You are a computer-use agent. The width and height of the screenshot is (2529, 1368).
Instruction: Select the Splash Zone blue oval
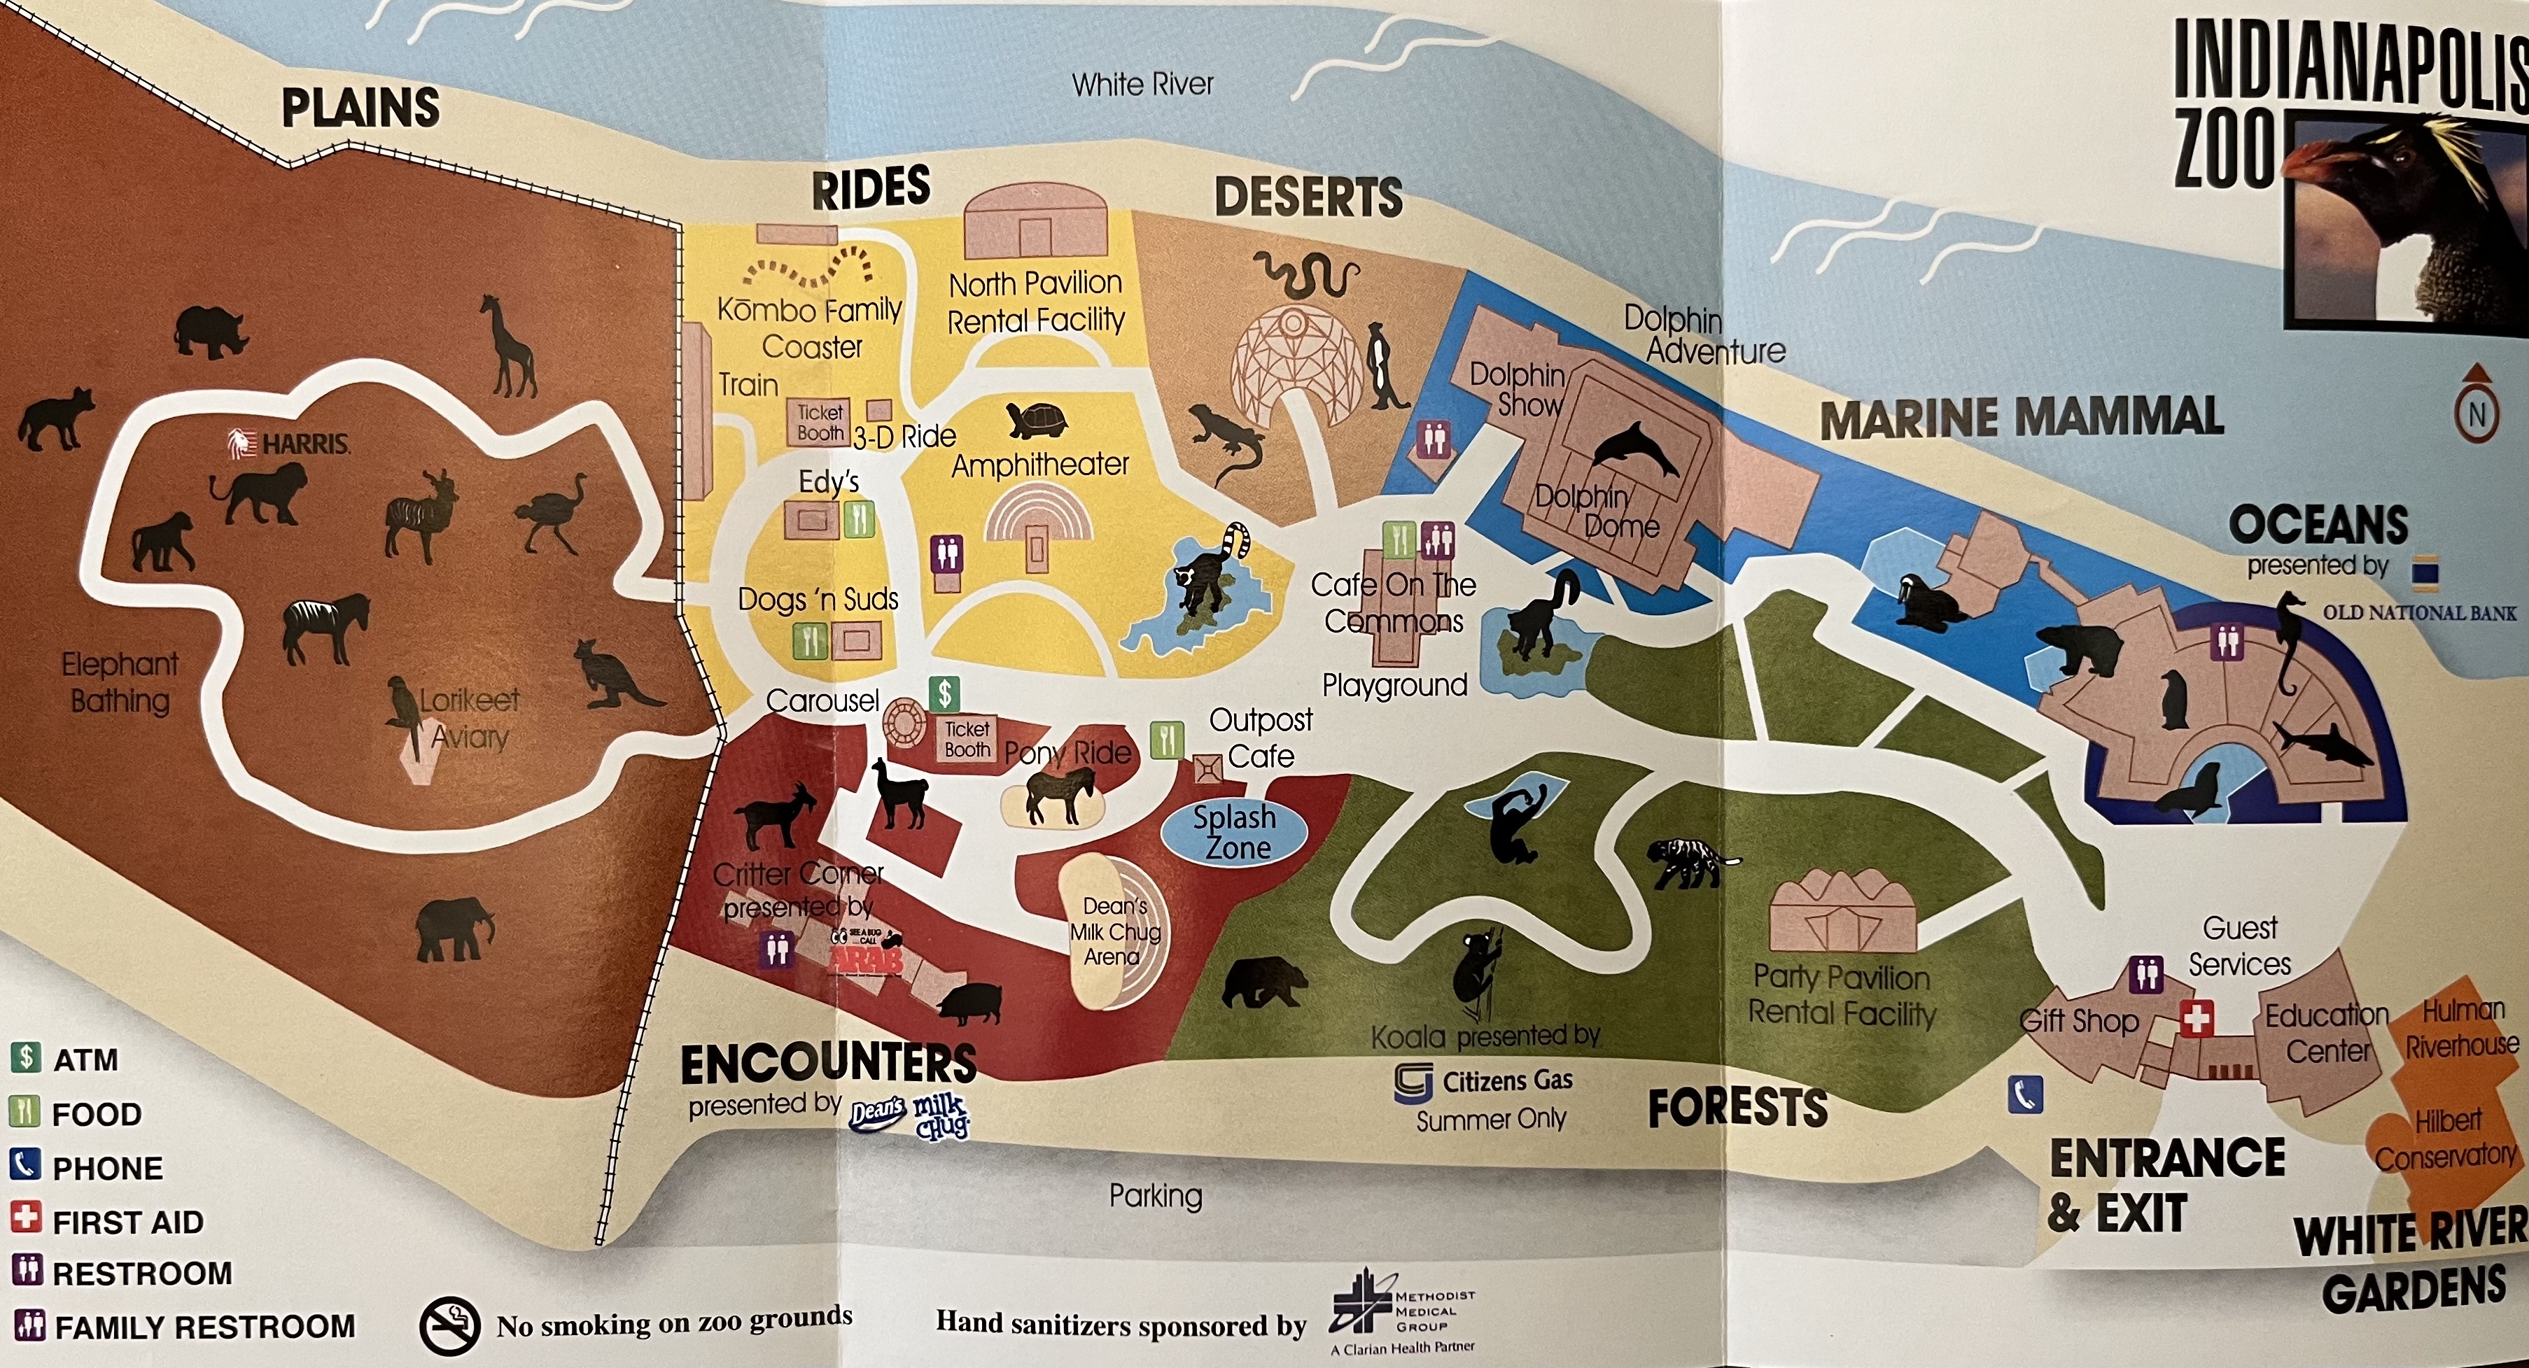[x=1234, y=832]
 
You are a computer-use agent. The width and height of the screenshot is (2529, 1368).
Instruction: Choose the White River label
[x=1142, y=85]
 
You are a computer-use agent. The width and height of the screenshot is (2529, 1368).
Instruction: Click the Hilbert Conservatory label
[x=2446, y=1138]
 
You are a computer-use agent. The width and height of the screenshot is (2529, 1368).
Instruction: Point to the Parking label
[x=1156, y=1195]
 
